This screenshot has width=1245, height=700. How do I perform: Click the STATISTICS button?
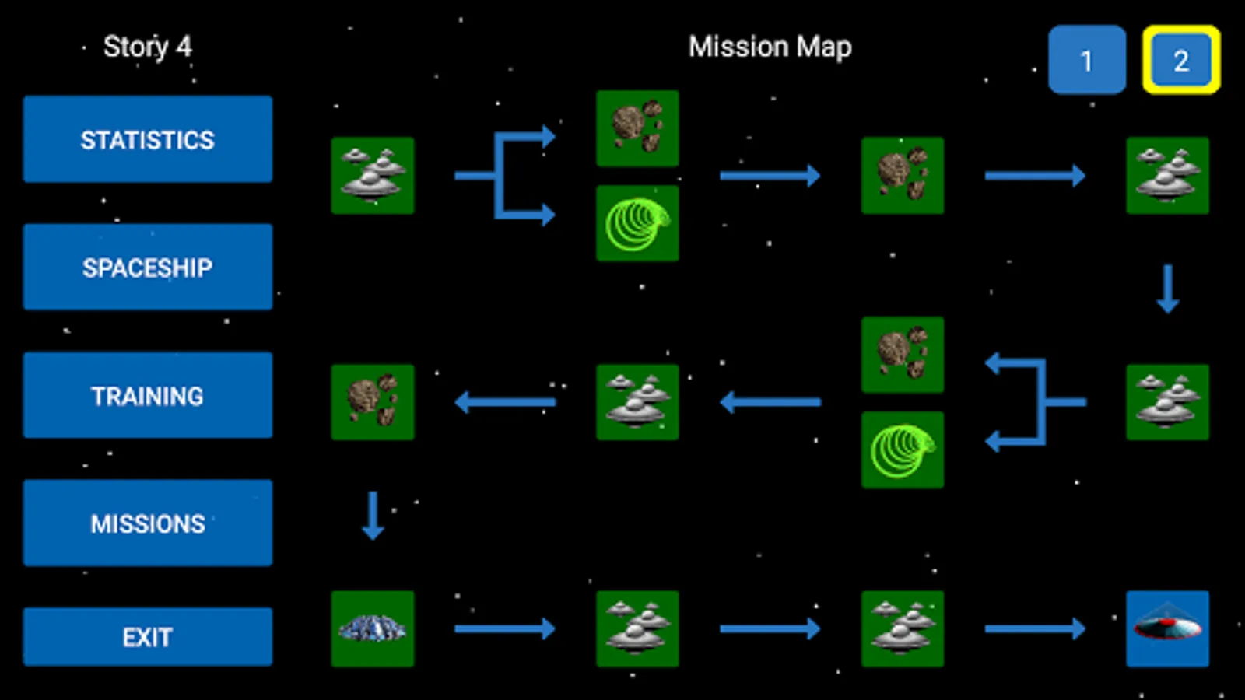click(148, 139)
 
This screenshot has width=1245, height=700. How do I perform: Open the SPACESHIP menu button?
click(148, 267)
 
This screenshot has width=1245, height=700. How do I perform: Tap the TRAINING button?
click(148, 395)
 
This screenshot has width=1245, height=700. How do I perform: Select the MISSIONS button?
click(148, 523)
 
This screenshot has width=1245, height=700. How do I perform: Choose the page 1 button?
click(1086, 60)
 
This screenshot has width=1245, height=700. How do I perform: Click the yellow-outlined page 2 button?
click(1180, 60)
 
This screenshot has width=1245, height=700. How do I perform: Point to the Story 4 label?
click(147, 47)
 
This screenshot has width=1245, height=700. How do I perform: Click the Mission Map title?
click(770, 47)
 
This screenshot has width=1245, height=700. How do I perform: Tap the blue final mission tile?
click(1167, 628)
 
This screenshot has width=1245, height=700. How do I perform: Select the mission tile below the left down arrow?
click(373, 628)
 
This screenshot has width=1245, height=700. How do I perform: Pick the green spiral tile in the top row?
click(637, 223)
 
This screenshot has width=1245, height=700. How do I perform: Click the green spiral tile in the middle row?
click(903, 450)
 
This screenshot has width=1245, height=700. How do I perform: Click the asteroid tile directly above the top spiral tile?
click(637, 128)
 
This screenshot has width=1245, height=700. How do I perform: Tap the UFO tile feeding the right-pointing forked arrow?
click(373, 176)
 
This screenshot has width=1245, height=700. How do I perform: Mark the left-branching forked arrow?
click(1035, 402)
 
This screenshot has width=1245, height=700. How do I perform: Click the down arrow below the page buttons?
click(1167, 289)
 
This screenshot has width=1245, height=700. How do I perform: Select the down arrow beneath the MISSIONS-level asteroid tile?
click(373, 515)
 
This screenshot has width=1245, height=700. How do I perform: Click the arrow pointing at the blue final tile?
click(1035, 628)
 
